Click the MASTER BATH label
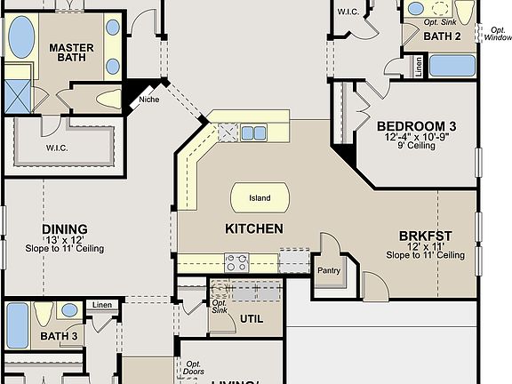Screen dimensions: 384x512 (72, 52)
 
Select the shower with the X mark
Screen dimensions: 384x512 (17, 93)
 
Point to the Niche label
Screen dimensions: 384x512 (148, 100)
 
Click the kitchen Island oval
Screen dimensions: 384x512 (259, 197)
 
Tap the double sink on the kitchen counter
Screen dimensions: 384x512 (253, 133)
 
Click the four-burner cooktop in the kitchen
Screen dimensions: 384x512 (236, 262)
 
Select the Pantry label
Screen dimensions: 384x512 (329, 270)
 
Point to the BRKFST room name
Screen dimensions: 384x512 (425, 236)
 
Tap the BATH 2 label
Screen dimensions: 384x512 (442, 36)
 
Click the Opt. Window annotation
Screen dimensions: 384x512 (498, 34)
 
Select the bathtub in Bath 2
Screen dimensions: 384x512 (452, 66)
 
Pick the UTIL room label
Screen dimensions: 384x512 (252, 317)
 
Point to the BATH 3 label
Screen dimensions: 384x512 (60, 337)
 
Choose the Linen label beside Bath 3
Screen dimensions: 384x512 (102, 306)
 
